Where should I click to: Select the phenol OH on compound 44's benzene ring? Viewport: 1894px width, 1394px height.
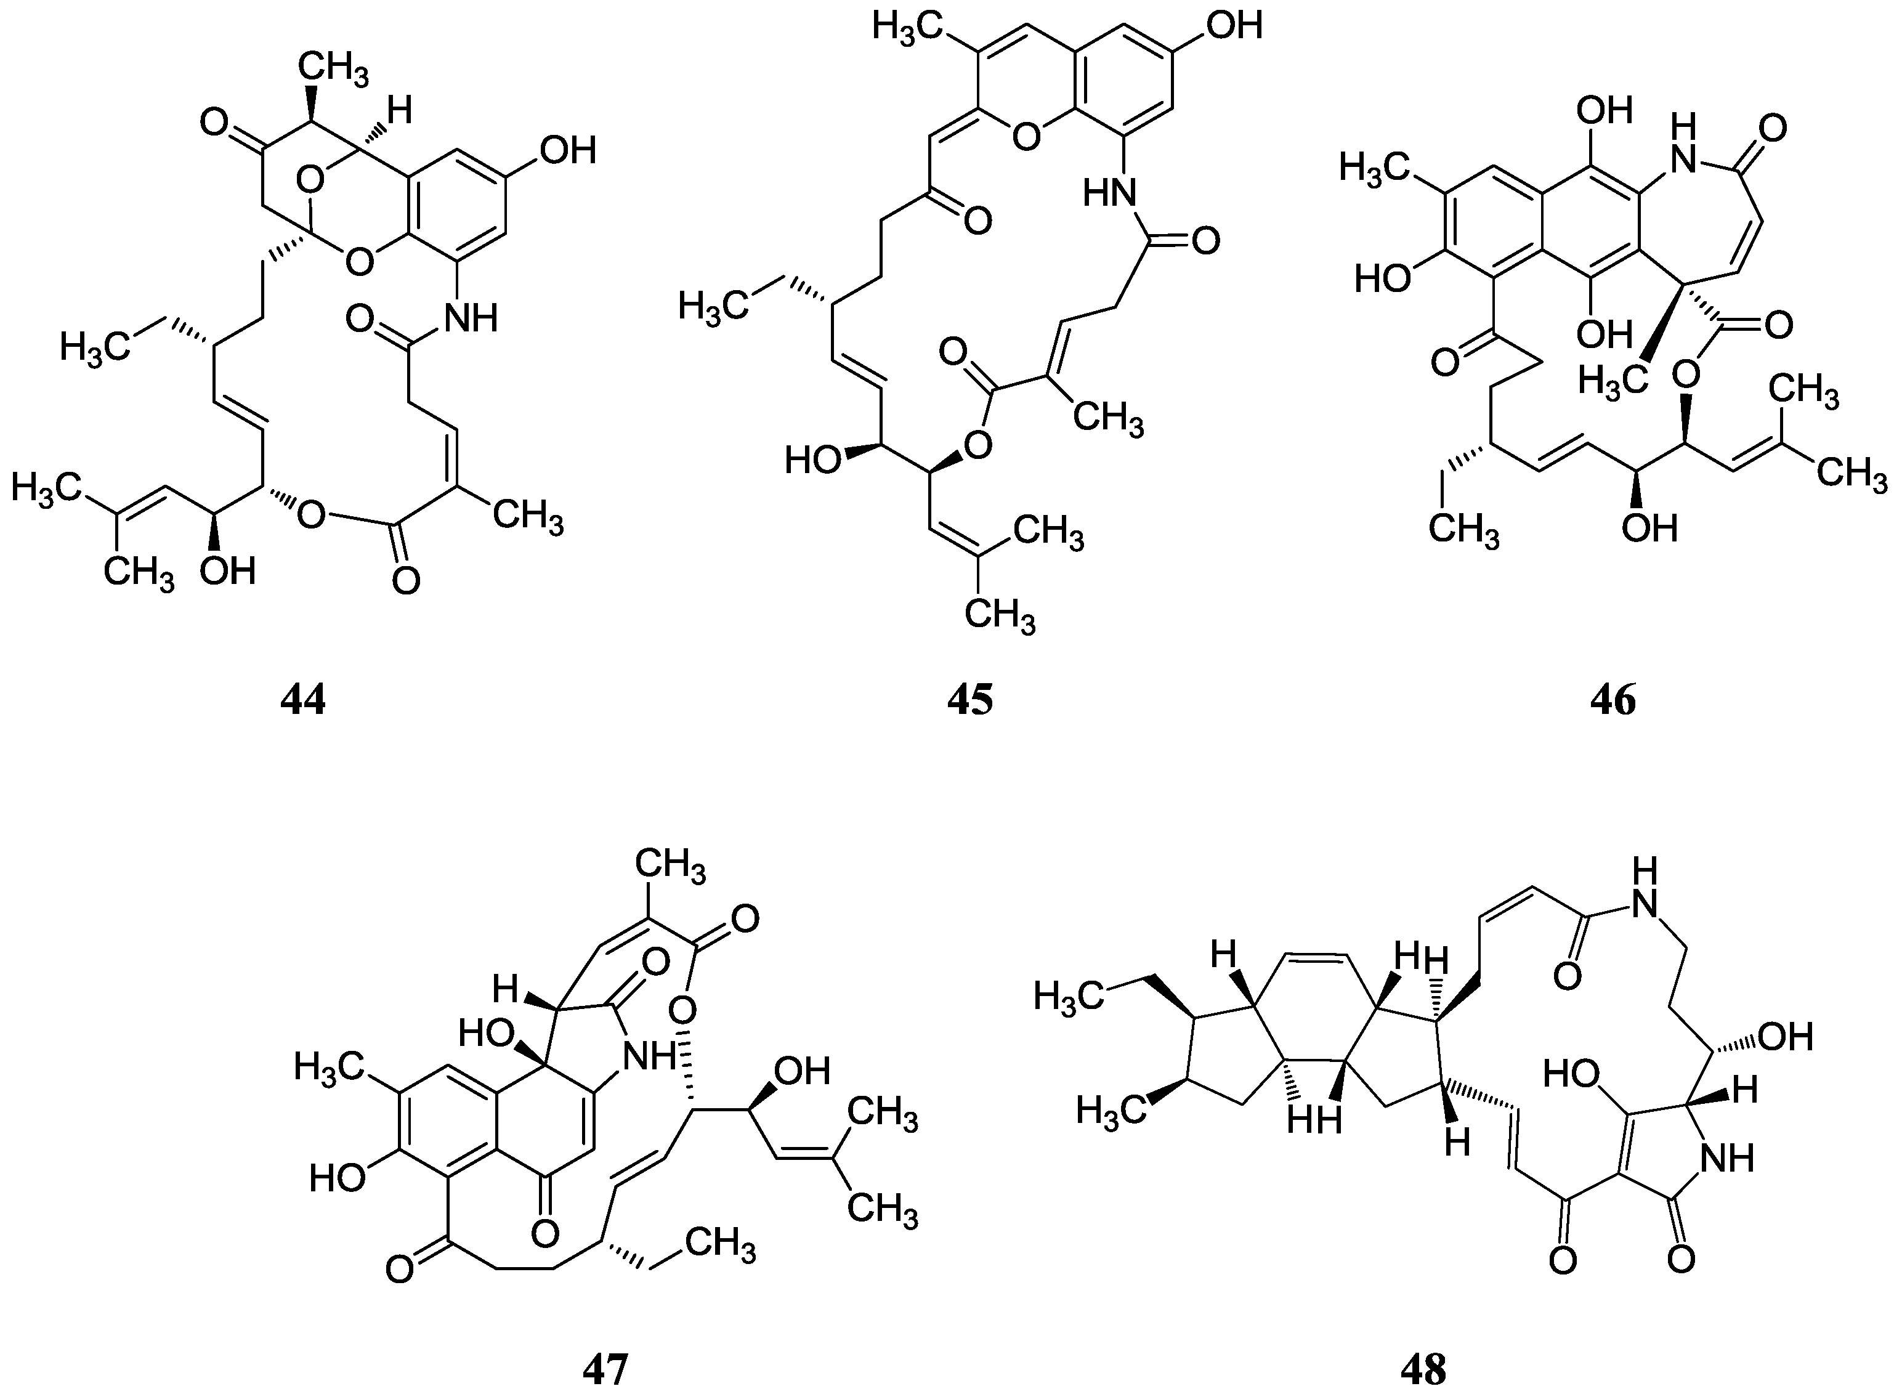tap(568, 150)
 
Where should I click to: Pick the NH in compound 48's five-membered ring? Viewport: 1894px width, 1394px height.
tap(1726, 1157)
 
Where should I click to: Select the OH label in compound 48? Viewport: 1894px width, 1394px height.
tap(1787, 1036)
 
